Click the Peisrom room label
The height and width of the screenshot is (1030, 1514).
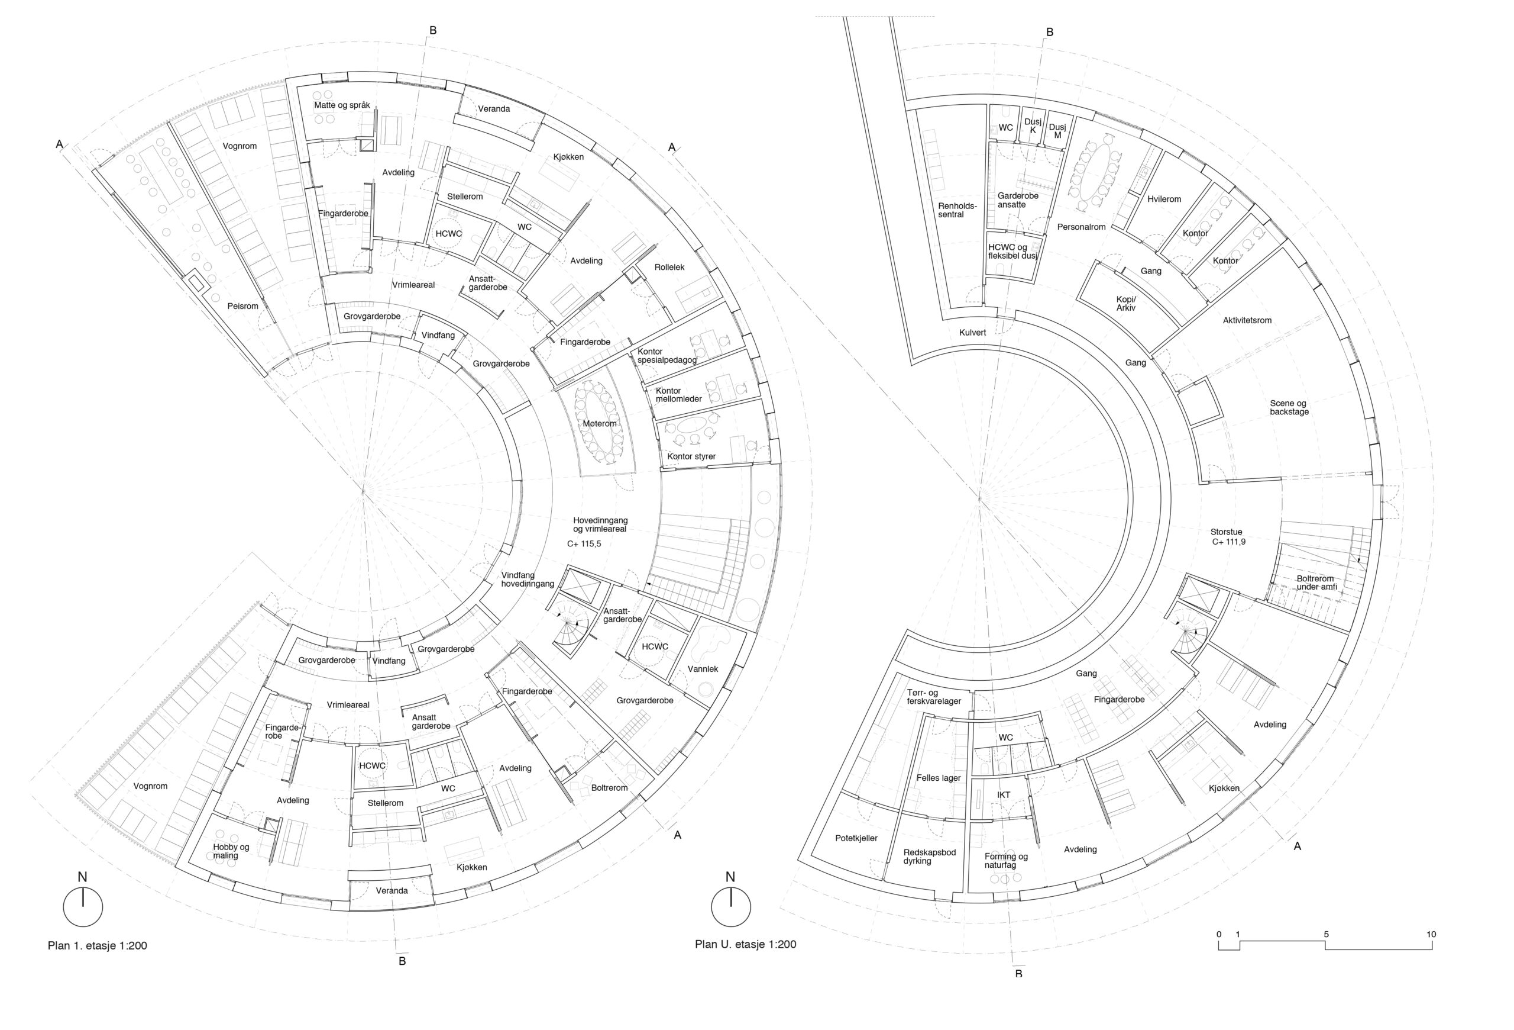242,305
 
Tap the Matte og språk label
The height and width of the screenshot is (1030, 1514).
342,105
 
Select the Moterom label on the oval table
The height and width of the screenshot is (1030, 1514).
599,424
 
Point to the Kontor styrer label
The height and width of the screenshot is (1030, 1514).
691,456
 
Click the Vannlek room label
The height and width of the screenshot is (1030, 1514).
703,669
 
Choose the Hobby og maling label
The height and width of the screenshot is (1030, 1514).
231,851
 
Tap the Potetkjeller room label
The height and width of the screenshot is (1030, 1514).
856,838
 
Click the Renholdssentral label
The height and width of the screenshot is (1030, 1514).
957,210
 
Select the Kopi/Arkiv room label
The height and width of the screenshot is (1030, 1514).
1125,304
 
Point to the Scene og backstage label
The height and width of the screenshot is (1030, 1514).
1289,407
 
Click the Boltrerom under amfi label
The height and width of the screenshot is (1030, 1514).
1316,583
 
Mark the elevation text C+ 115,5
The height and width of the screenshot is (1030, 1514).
584,543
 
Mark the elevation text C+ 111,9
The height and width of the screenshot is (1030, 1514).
1229,542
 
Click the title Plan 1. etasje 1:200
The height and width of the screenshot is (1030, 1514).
97,946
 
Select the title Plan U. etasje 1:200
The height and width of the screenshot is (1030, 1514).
745,945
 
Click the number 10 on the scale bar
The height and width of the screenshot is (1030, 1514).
1431,934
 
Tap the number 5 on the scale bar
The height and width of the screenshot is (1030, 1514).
1326,934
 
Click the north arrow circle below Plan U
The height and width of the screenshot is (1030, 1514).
731,907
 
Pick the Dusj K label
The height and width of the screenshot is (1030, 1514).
1033,126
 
